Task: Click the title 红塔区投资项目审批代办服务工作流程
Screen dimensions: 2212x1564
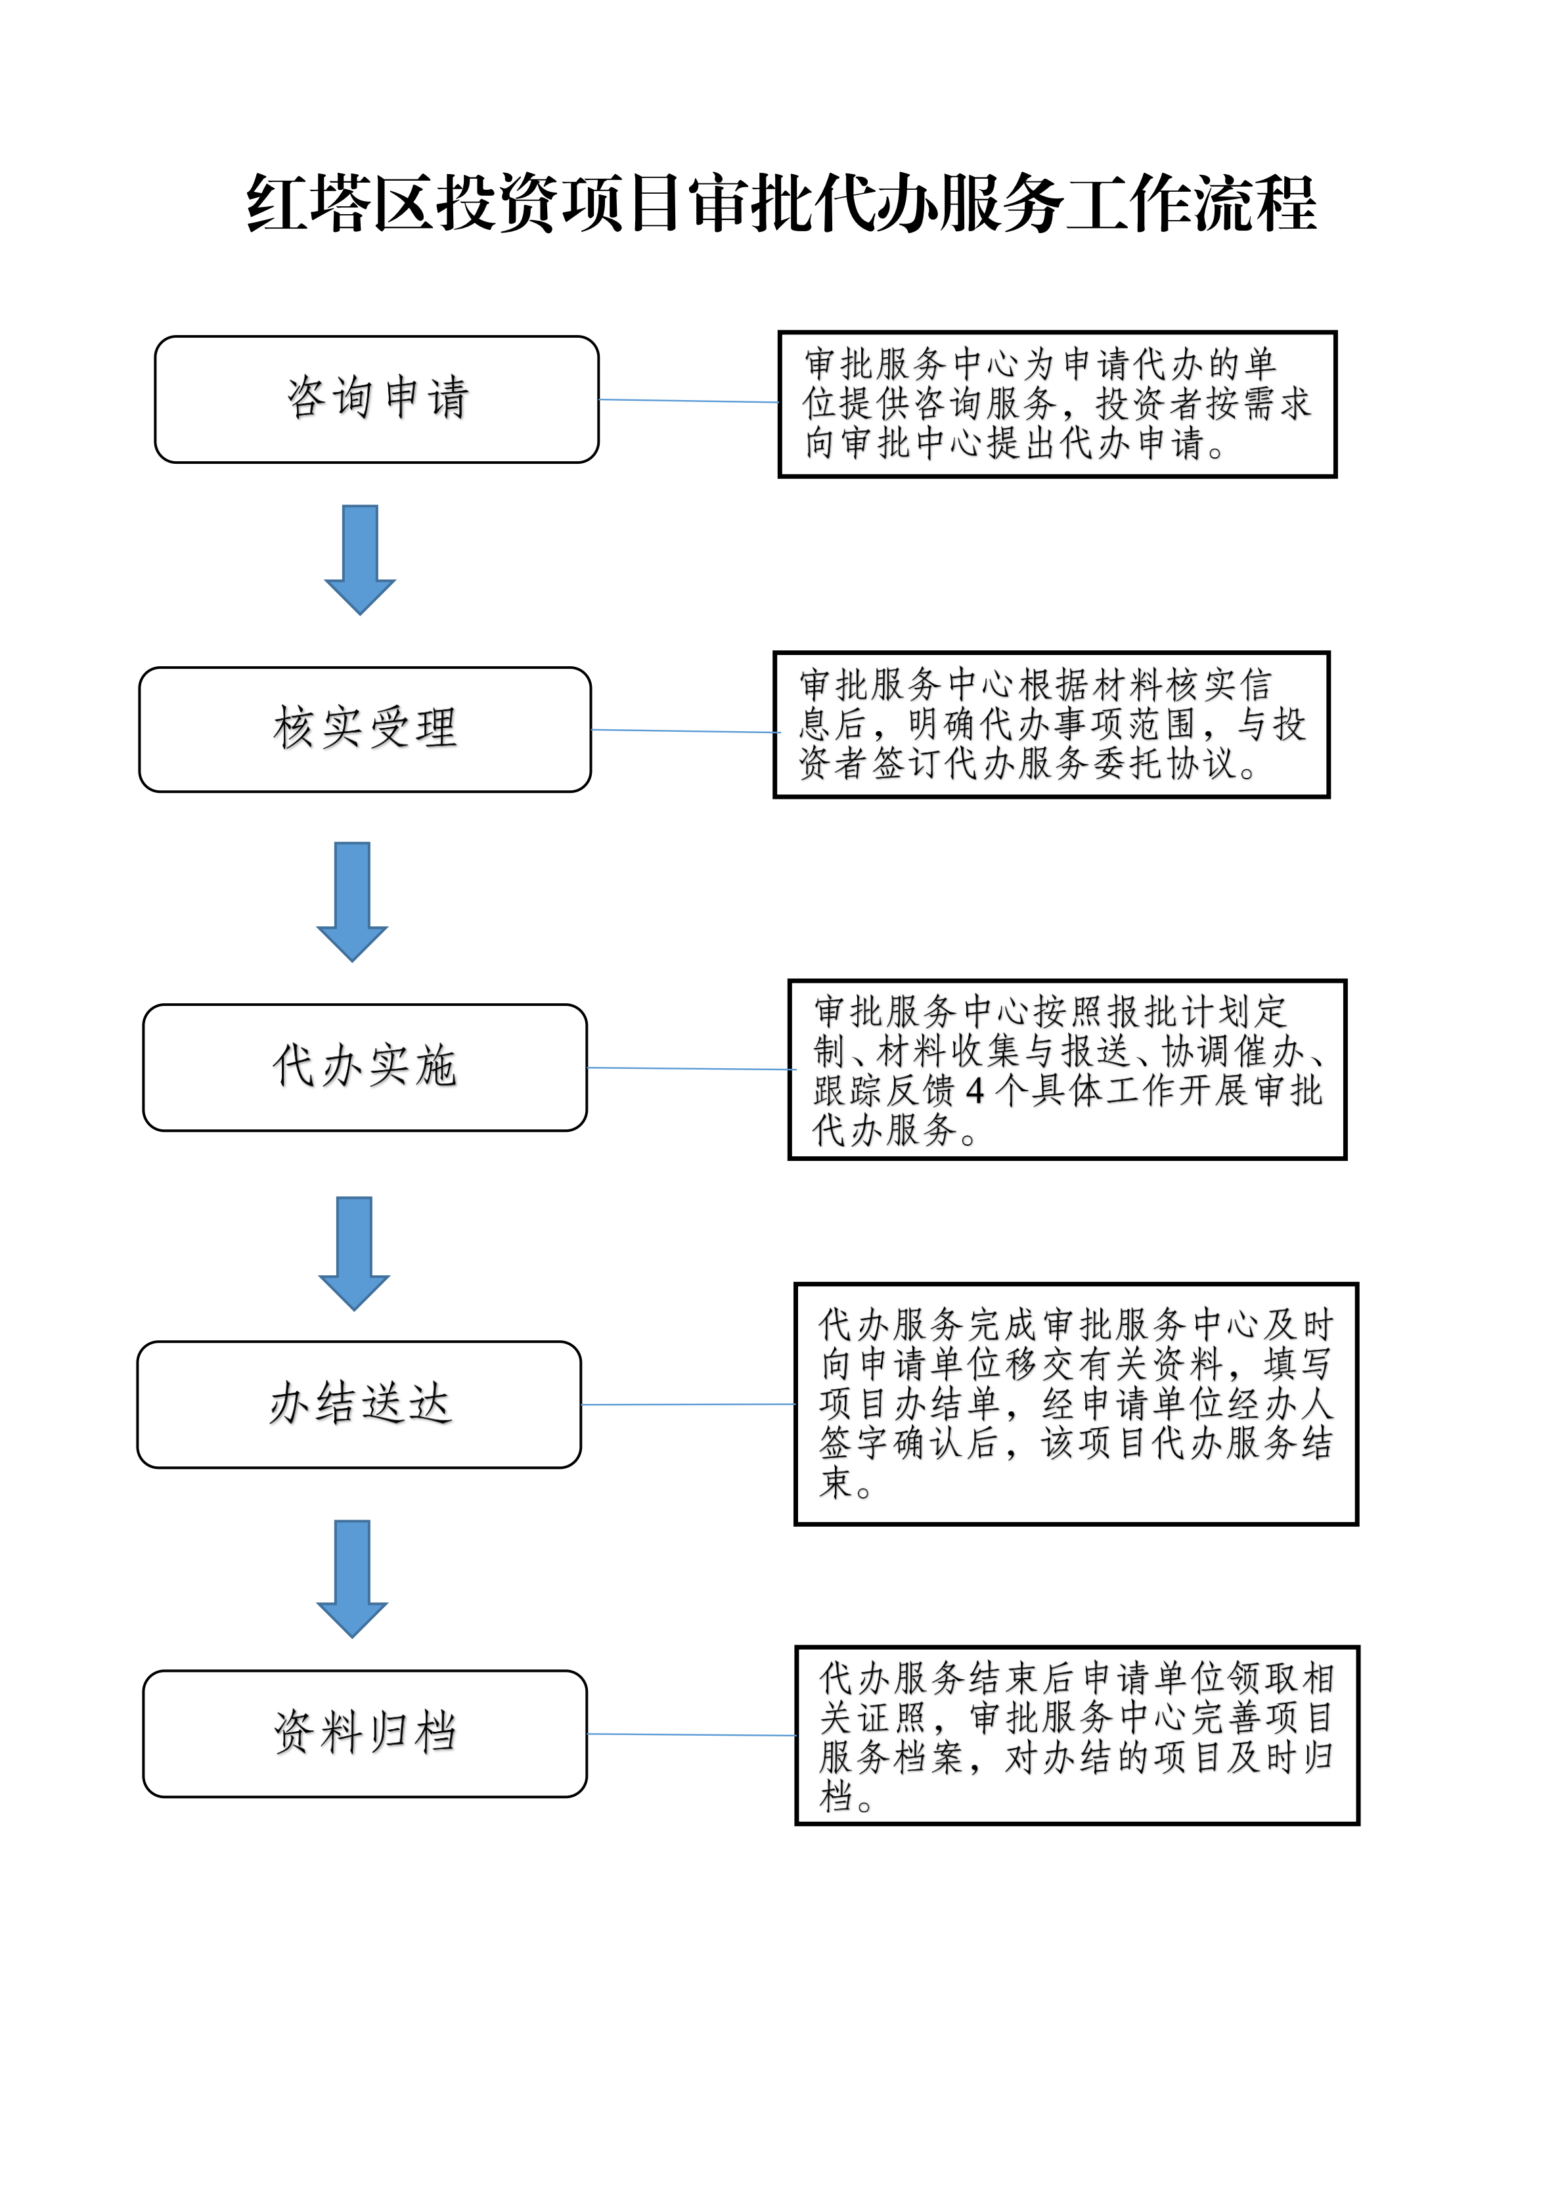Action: (781, 204)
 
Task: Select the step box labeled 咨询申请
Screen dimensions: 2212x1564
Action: (376, 399)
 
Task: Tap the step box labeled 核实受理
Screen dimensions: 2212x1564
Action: (365, 729)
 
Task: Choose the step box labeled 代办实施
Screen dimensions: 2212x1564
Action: (365, 1068)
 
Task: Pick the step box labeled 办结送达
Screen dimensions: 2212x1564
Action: (359, 1405)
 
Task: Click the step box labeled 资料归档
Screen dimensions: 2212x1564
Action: (365, 1734)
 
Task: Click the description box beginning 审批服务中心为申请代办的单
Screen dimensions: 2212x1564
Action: (1058, 405)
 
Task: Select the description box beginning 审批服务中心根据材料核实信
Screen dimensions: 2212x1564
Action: (1052, 725)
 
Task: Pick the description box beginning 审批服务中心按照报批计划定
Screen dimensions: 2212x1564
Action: (1067, 1070)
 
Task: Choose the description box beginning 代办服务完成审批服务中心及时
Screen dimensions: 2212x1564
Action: (1076, 1404)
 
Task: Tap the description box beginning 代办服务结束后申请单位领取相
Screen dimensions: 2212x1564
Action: (1077, 1735)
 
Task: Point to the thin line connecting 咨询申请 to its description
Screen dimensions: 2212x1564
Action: (688, 401)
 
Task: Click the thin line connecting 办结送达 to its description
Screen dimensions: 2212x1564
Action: (688, 1405)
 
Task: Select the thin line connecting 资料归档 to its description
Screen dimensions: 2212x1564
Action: (692, 1735)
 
